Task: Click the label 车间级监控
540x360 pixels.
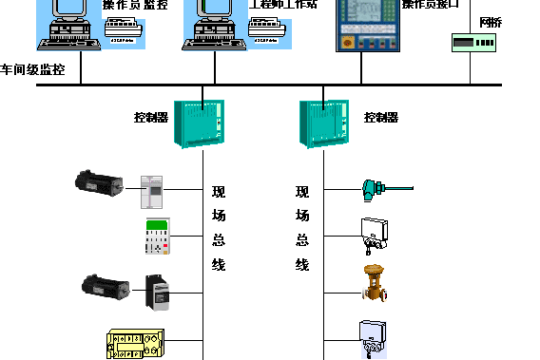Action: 33,69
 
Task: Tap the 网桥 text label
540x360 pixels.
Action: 492,20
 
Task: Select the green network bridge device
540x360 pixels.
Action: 472,43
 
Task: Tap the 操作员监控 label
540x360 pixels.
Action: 135,5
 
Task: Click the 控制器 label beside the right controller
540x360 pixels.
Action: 380,118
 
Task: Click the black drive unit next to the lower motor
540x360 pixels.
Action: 158,292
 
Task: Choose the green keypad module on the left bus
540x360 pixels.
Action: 157,235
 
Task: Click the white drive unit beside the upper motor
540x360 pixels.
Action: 153,191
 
